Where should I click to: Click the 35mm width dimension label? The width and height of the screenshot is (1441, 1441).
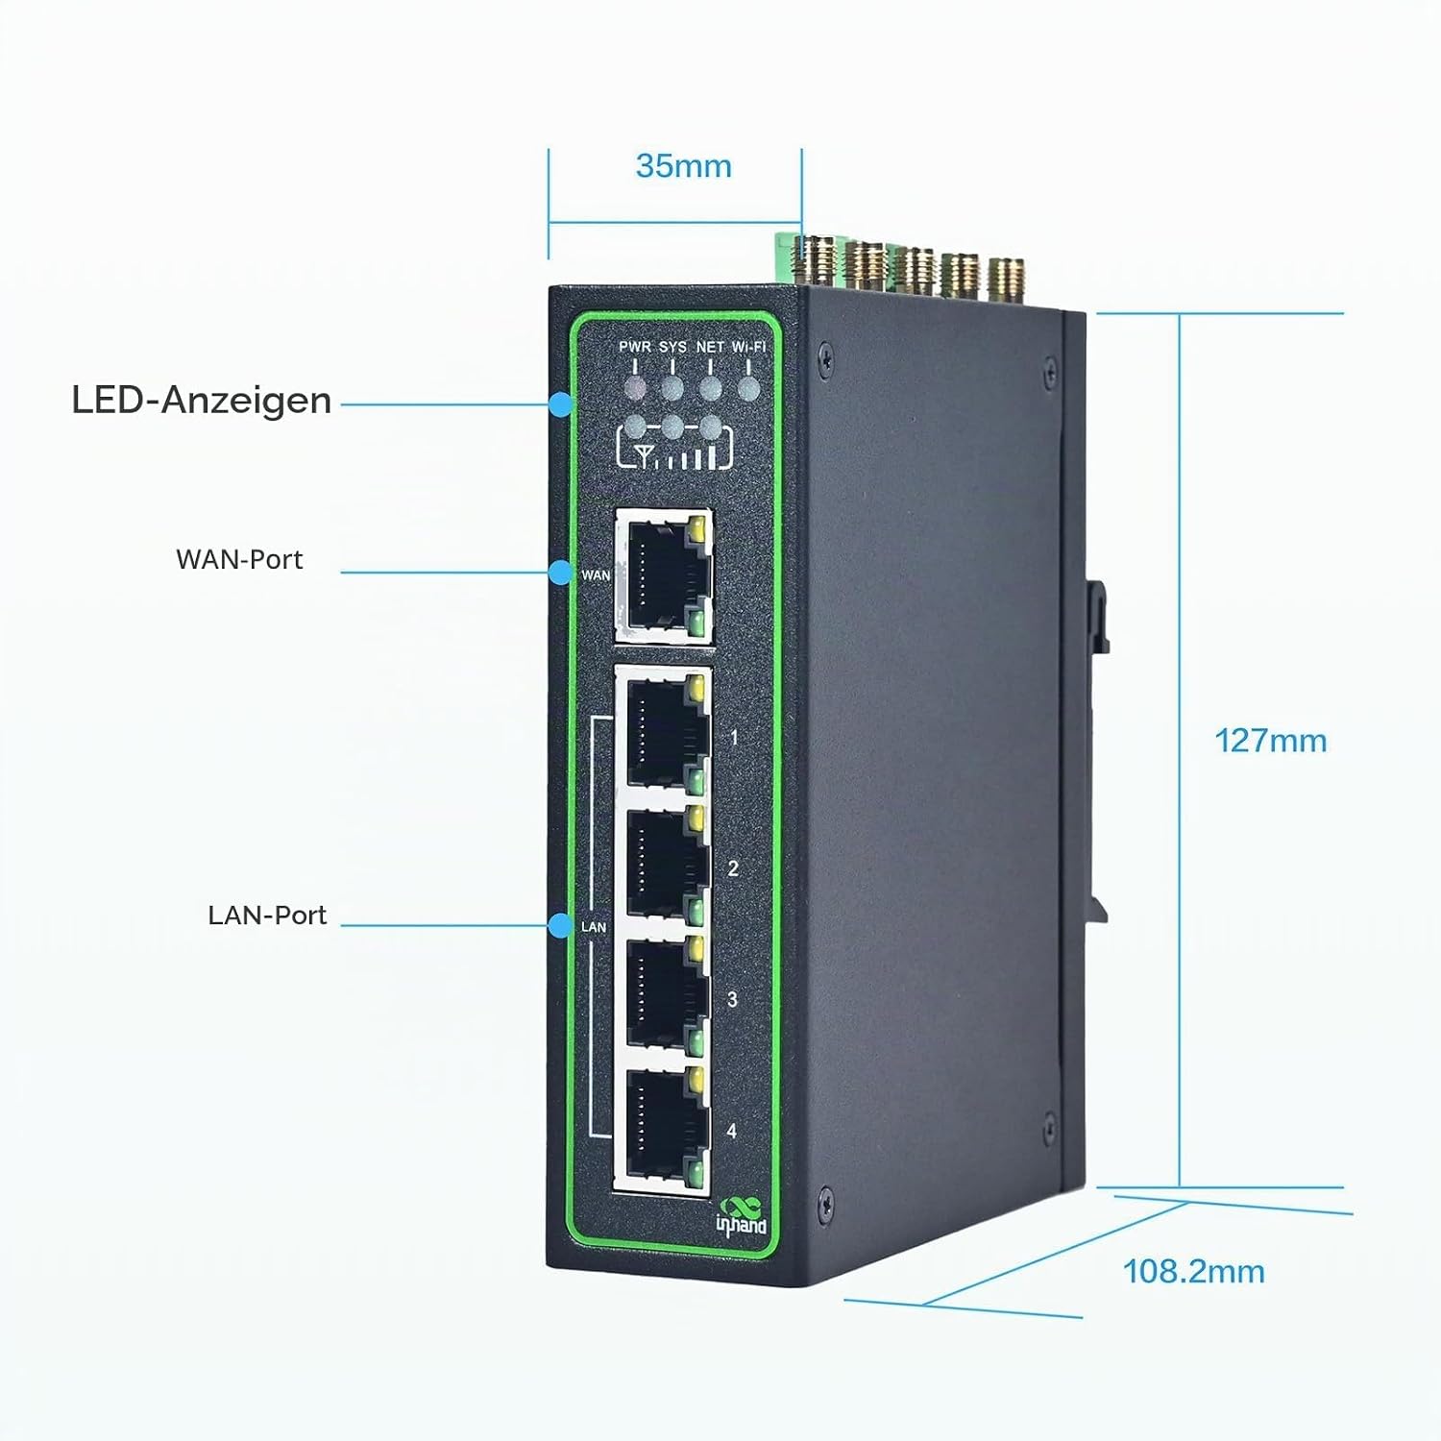coord(683,166)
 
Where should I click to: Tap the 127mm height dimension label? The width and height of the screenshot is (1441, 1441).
coord(1270,741)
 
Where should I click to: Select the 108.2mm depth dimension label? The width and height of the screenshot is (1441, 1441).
coord(1193,1272)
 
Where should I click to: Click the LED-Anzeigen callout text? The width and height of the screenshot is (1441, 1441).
coord(202,401)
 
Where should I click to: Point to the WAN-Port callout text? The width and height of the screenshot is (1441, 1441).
coord(239,560)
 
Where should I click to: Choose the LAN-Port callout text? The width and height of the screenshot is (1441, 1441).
coord(267,916)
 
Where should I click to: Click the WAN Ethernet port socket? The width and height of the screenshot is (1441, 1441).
coord(664,574)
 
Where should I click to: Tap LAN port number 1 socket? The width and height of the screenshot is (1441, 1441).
coord(667,730)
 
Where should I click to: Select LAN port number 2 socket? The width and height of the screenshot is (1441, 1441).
coord(667,862)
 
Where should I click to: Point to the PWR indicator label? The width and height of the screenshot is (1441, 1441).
coord(634,347)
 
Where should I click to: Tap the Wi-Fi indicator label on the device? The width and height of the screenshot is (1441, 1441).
coord(748,347)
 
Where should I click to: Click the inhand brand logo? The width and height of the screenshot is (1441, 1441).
coord(742,1216)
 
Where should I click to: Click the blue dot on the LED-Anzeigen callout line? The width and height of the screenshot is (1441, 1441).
coord(561,404)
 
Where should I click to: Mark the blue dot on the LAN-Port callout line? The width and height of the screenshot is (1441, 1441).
coord(561,925)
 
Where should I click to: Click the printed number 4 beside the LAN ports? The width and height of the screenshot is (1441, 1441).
coord(732,1131)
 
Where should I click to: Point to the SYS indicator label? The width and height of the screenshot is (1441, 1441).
coord(672,347)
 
